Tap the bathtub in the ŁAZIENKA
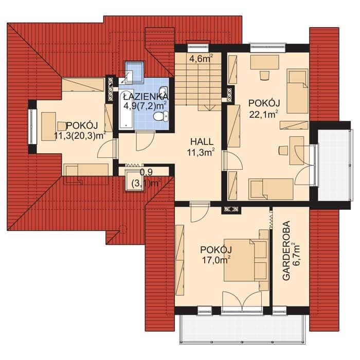127,110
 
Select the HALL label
202,141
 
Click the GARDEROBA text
286,251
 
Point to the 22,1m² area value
264,114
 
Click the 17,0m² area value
217,260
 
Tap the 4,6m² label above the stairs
200,59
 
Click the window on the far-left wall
32,127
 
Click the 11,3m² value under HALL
202,152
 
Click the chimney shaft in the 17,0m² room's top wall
231,209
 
